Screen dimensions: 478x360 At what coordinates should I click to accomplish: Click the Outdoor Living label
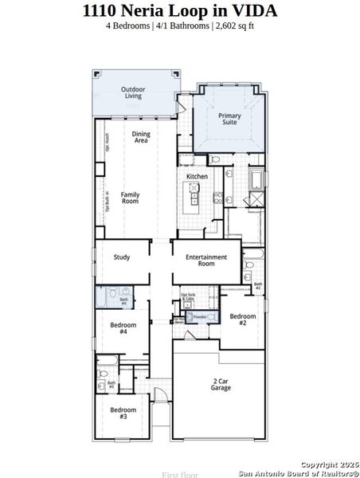pos(133,92)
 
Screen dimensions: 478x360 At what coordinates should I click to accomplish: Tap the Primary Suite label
pos(229,119)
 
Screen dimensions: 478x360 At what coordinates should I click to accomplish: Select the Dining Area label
pos(141,137)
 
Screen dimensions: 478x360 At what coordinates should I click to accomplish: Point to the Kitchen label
pos(197,176)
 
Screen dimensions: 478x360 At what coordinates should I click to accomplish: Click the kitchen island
pos(194,196)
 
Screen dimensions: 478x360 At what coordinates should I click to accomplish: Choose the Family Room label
pos(130,198)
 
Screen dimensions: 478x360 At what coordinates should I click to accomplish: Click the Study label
pos(122,257)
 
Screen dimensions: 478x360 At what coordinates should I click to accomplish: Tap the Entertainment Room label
pos(206,261)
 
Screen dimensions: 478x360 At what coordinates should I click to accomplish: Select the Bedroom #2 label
pos(243,319)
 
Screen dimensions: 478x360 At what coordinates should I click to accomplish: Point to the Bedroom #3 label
pos(123,413)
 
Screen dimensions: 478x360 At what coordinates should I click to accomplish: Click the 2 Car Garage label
pos(221,384)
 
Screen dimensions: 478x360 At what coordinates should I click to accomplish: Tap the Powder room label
pos(200,316)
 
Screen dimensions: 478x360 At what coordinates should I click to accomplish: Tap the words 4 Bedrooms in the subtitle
pos(130,25)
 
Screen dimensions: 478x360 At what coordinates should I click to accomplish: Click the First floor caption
pos(180,474)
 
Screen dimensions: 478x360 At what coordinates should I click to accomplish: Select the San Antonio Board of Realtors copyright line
pos(299,472)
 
